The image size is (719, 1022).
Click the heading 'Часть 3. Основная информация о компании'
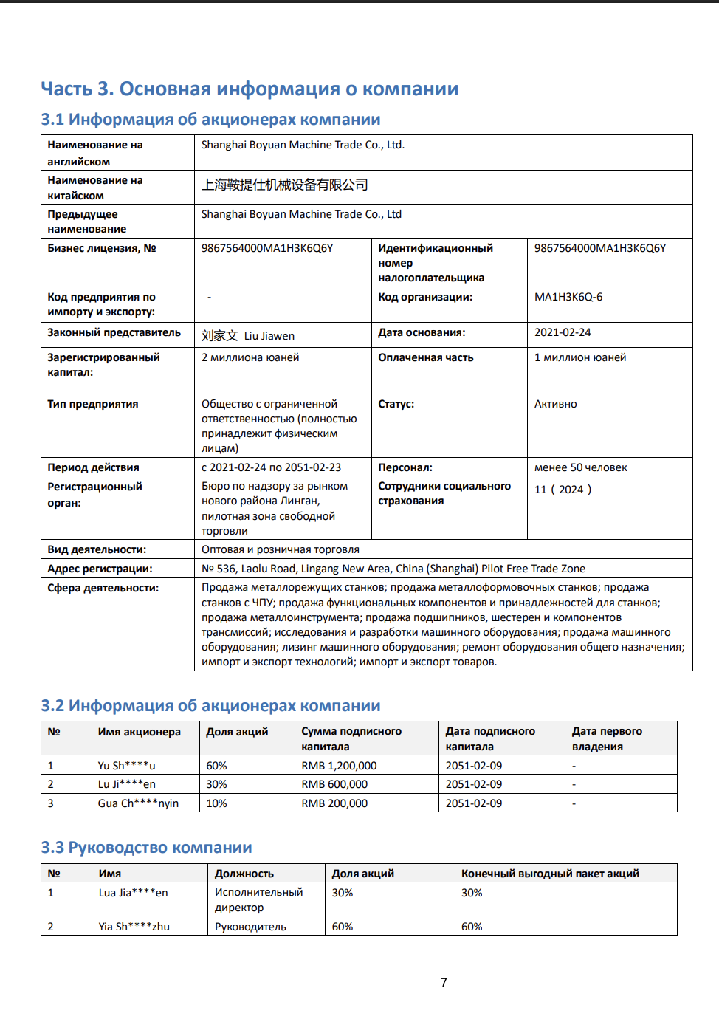(250, 89)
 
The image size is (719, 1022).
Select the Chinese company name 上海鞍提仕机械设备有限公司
(285, 185)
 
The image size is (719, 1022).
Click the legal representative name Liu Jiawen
(269, 336)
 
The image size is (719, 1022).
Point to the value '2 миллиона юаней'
(250, 357)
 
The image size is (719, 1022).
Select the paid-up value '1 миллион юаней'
(580, 357)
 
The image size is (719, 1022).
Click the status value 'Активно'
(556, 404)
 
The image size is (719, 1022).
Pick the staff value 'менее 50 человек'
(581, 467)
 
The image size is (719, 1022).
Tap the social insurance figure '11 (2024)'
(563, 490)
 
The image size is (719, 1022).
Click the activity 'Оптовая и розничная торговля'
(281, 549)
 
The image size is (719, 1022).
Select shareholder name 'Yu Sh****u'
(127, 766)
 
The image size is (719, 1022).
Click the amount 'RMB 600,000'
(334, 784)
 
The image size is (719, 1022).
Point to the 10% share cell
(216, 803)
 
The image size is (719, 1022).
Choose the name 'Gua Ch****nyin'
(138, 803)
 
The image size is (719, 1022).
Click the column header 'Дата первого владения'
(607, 738)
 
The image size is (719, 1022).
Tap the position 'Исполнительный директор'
(258, 899)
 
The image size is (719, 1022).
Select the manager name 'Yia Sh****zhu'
(134, 927)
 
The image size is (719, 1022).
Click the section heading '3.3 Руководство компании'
(146, 848)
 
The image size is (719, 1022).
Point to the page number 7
(444, 982)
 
